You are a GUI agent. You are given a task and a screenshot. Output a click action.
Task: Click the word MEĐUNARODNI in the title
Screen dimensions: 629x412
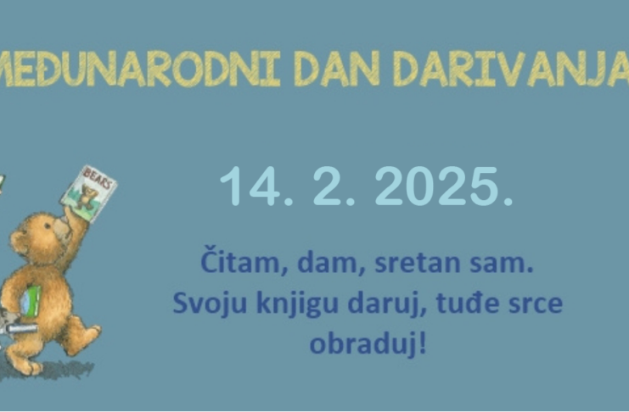[140, 69]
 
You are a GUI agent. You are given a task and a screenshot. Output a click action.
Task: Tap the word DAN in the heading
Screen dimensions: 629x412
[336, 69]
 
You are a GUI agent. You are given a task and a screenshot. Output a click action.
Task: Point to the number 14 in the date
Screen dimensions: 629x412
[250, 187]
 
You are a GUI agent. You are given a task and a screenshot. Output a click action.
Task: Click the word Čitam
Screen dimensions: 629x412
[239, 262]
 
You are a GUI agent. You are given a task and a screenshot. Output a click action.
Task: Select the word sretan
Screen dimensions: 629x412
[417, 264]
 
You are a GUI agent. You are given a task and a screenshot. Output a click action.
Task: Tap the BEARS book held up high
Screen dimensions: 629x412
[89, 193]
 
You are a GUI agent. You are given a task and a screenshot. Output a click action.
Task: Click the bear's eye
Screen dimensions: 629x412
[48, 226]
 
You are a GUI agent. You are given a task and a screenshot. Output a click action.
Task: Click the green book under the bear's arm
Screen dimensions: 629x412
[31, 301]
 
